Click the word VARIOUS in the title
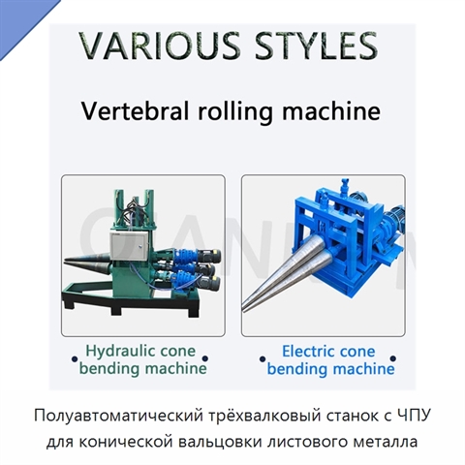(160, 45)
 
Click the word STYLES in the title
(316, 45)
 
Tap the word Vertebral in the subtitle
(135, 110)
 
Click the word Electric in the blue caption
(307, 352)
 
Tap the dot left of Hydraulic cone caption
(75, 358)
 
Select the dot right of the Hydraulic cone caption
(204, 358)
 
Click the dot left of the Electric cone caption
(263, 358)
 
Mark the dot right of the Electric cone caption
(393, 358)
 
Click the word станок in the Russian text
(347, 416)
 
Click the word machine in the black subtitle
(331, 110)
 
